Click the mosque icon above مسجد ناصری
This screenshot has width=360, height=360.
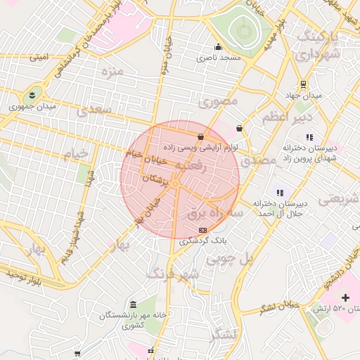click(x=218, y=49)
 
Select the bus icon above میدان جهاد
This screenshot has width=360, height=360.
click(x=302, y=84)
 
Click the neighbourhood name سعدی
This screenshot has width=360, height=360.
click(x=96, y=110)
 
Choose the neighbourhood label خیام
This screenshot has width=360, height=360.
click(x=78, y=153)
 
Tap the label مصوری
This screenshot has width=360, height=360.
click(x=218, y=101)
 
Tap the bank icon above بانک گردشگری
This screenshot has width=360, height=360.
click(x=203, y=230)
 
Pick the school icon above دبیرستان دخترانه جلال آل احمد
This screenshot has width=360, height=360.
click(x=280, y=192)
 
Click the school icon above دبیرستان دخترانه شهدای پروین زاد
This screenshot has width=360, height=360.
click(x=310, y=137)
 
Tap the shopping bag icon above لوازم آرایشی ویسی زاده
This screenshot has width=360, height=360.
click(x=201, y=137)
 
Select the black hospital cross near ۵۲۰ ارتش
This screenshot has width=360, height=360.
click(x=345, y=298)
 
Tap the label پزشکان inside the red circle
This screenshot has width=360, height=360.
click(x=156, y=181)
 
